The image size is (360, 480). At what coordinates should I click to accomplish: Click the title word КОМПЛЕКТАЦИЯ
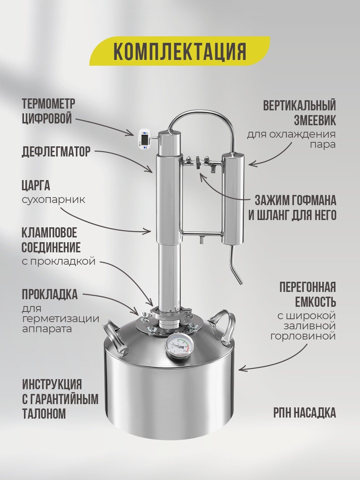[180, 51]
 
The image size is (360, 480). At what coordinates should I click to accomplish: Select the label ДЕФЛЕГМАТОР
[56, 152]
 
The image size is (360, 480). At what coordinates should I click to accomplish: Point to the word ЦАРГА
[36, 186]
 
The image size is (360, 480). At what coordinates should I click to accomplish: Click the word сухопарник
[53, 200]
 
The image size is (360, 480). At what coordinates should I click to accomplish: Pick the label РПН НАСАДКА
[304, 413]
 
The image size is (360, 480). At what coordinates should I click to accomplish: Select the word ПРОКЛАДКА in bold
[50, 294]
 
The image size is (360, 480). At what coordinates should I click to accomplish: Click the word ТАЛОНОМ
[44, 414]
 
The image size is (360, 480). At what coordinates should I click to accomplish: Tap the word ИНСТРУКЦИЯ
[52, 384]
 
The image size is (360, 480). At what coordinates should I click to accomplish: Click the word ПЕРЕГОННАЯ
[307, 287]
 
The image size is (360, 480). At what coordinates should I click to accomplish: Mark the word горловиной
[303, 336]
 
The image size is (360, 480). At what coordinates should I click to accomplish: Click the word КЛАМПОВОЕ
[49, 232]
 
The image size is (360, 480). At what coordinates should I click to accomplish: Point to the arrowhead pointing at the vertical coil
[251, 164]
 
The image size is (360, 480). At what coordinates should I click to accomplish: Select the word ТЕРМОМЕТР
[48, 103]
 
